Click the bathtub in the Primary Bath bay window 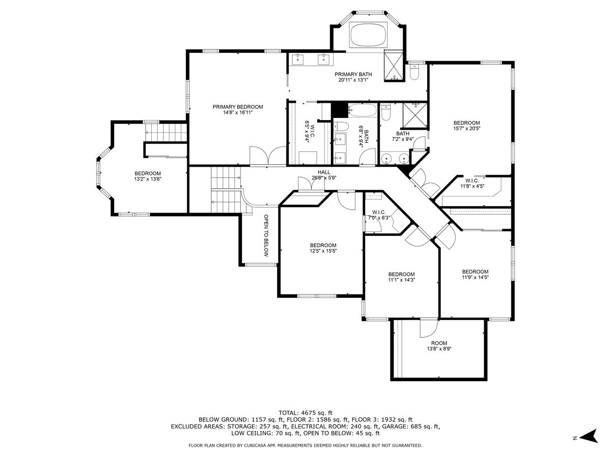coord(369,35)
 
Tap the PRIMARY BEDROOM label coord(238,107)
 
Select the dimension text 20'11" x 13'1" coord(353,80)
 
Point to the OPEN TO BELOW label coord(266,235)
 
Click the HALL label coord(324,172)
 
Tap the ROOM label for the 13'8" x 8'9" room coord(439,343)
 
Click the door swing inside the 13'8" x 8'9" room coord(429,328)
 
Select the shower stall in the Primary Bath coord(394,66)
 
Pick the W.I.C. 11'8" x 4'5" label coord(472,183)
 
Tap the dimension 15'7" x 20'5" coord(467,128)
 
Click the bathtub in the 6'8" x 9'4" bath coord(362,110)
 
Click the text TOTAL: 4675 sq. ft coord(305,413)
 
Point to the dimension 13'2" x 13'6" coord(148,179)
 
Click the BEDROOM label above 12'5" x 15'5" coord(323,245)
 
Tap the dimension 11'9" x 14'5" coord(476,277)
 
